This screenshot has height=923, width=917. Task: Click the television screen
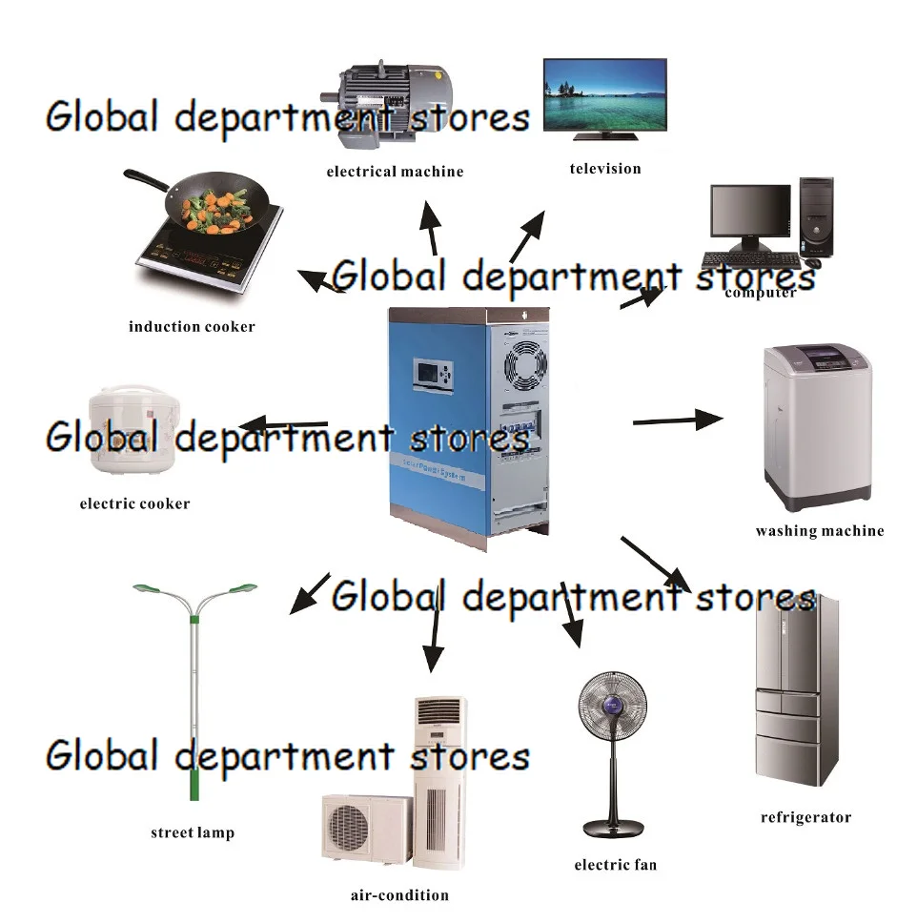[604, 92]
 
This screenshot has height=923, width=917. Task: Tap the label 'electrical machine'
[395, 172]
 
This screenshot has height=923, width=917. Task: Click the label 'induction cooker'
[192, 326]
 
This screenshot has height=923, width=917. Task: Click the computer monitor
[750, 213]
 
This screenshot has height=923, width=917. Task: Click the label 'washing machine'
[819, 531]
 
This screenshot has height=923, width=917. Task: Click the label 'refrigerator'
[805, 817]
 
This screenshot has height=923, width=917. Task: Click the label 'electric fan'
[615, 865]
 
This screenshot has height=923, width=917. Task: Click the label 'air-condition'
[398, 894]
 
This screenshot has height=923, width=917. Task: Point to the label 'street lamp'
[192, 832]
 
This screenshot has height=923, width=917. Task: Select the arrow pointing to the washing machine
[678, 420]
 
